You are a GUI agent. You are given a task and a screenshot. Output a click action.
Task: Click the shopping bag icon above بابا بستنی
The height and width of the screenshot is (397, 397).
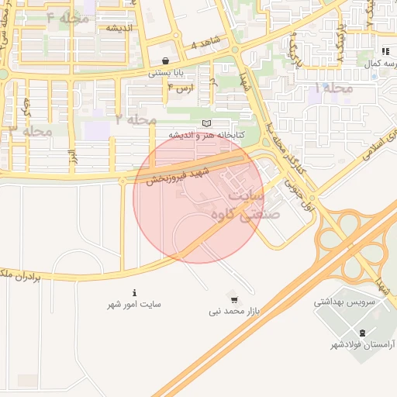point(165,60)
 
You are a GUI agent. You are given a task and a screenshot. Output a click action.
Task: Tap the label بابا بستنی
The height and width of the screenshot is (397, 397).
point(165,74)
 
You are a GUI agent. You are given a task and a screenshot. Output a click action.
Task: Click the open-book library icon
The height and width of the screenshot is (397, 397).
point(205,123)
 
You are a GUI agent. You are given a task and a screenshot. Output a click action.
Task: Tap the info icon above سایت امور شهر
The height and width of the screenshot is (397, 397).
point(135,293)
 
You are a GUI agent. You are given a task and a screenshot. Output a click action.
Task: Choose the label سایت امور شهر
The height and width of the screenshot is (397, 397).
point(135,306)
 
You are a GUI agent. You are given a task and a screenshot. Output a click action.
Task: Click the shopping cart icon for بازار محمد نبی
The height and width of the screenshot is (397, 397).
point(234,299)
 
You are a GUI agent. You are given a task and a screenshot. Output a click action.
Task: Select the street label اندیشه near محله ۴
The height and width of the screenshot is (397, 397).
point(121,28)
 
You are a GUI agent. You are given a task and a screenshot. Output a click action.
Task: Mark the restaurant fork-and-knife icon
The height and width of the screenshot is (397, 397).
point(385,50)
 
